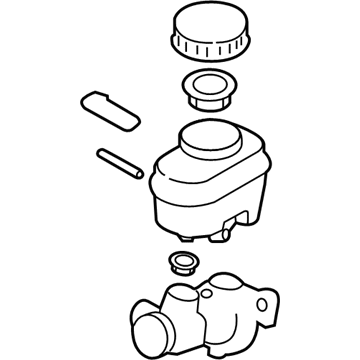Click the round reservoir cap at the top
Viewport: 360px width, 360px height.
(211, 32)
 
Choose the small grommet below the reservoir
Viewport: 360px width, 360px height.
(180, 263)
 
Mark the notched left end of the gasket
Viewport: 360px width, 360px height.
(84, 101)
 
